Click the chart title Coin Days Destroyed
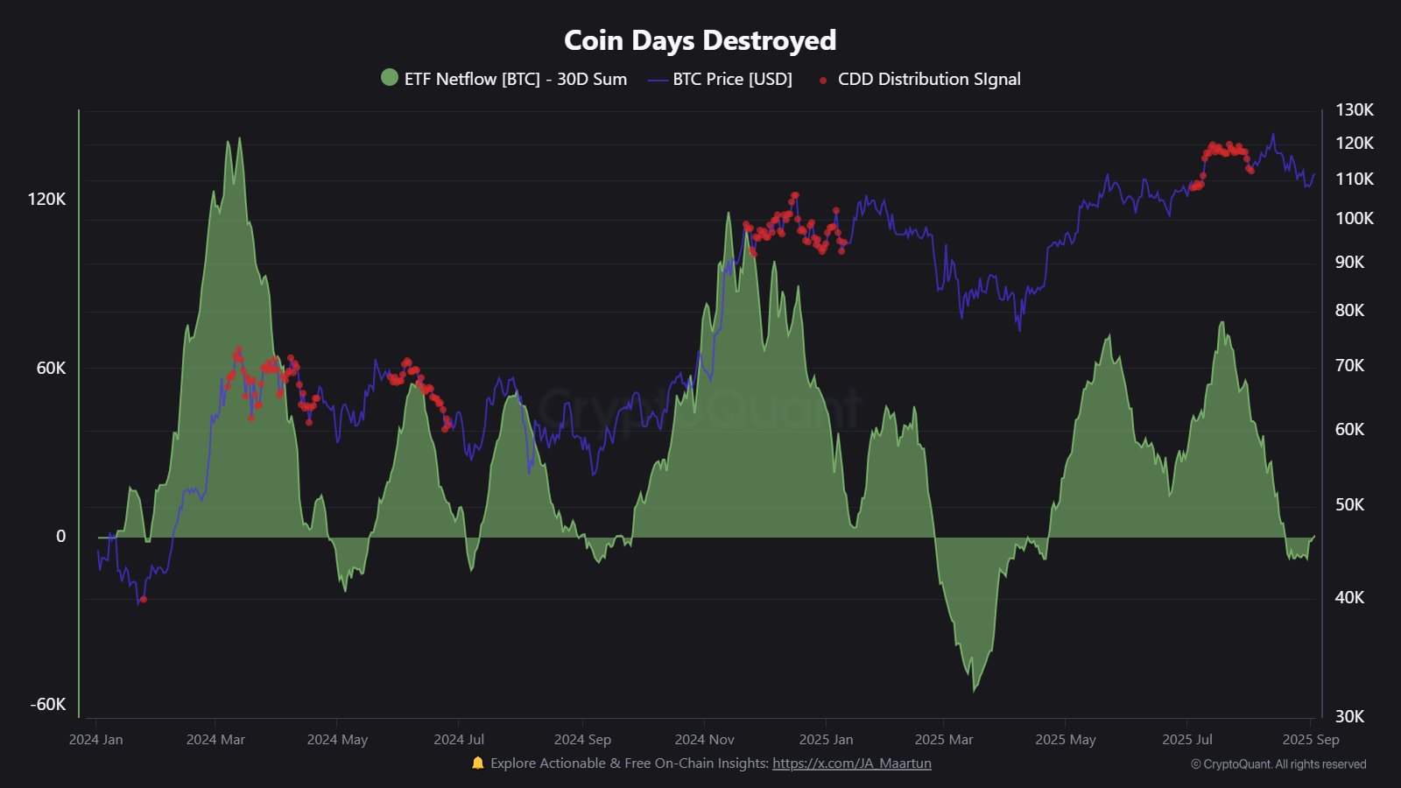(x=700, y=40)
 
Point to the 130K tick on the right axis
(x=1354, y=109)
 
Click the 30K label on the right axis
(x=1349, y=716)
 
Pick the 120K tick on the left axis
(x=46, y=199)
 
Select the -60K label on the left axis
(x=48, y=704)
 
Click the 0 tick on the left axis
(x=60, y=536)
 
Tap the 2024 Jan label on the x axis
(x=95, y=739)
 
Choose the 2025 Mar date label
(x=943, y=739)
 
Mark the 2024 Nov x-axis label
(x=704, y=739)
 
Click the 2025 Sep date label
(x=1310, y=739)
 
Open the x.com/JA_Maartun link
(x=851, y=763)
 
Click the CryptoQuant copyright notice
(x=1278, y=763)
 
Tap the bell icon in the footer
(x=477, y=763)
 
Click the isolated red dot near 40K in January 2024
(x=144, y=599)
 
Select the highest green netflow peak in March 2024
(x=239, y=140)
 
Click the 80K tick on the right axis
(x=1349, y=310)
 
